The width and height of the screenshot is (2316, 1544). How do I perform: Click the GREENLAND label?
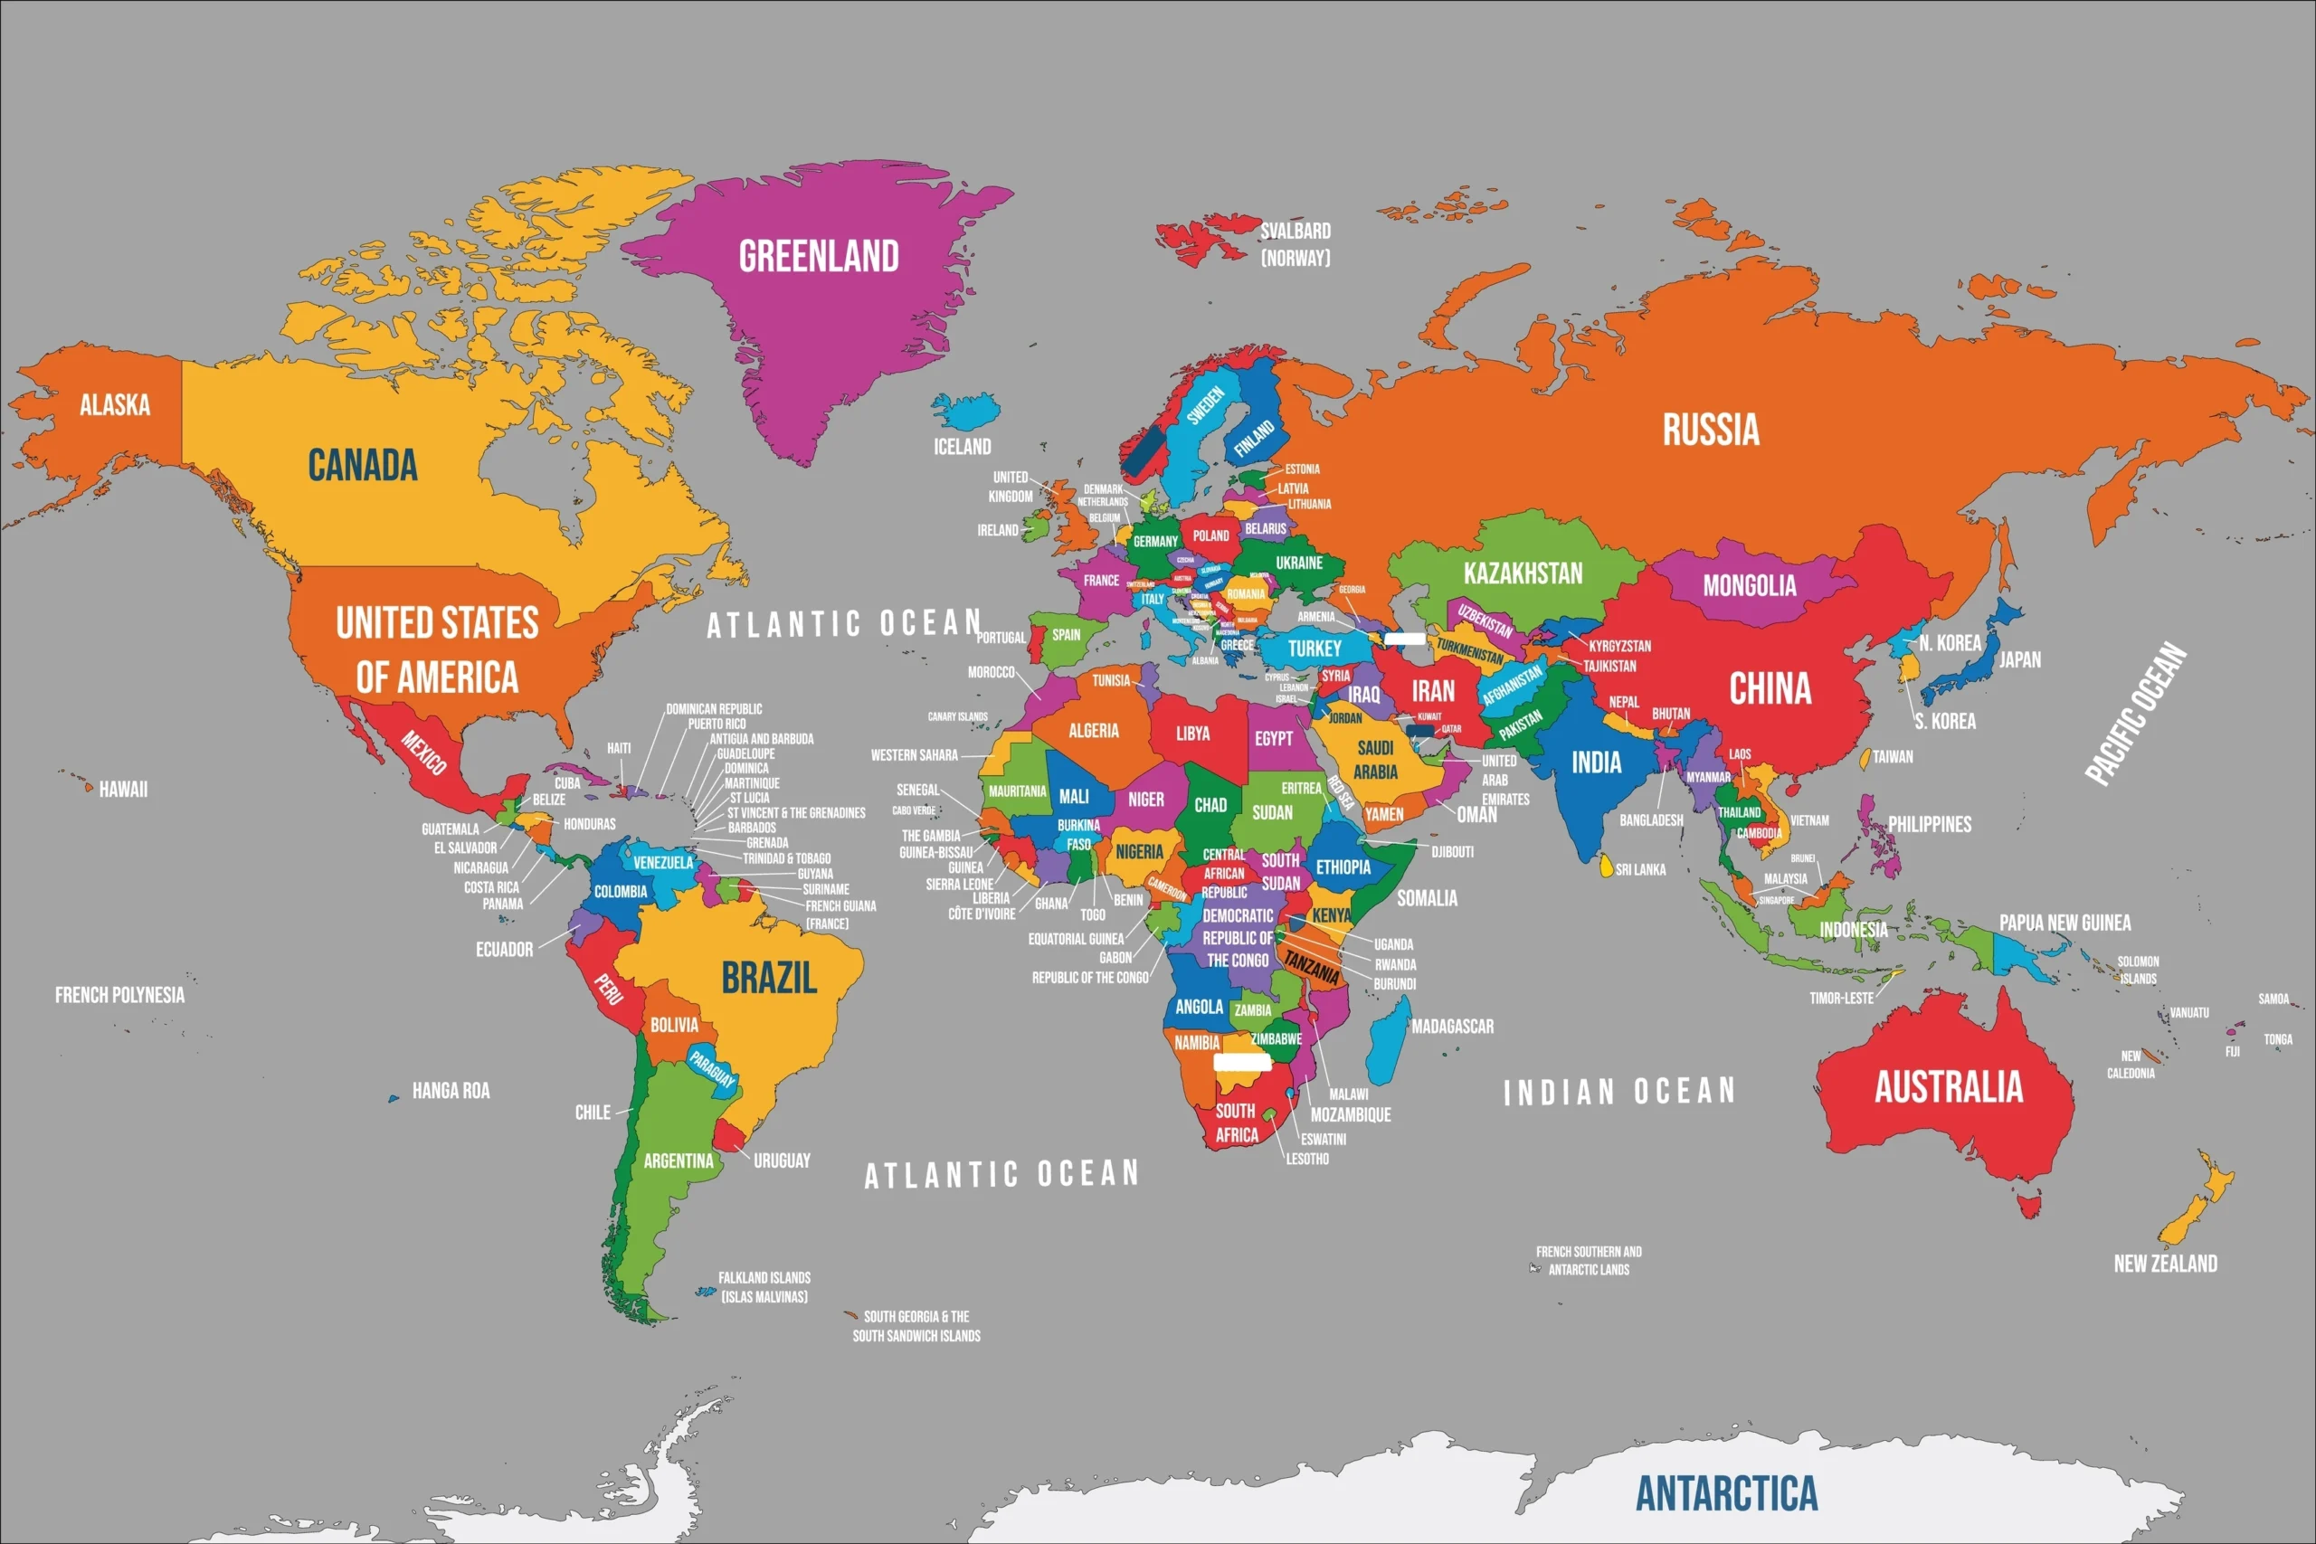(x=818, y=256)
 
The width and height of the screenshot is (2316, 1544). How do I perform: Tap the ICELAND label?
(x=962, y=447)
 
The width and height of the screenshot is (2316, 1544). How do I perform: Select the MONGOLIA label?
(x=1750, y=586)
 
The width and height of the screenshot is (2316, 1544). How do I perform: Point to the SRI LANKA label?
(x=1640, y=869)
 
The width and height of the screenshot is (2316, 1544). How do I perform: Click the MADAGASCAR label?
(x=1452, y=1026)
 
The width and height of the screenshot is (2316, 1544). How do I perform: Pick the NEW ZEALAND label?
(x=2165, y=1264)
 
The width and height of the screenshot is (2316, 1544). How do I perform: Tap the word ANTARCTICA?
(x=1726, y=1492)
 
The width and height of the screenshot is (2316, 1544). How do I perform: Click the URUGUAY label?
(x=782, y=1161)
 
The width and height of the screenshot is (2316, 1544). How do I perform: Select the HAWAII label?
(x=123, y=789)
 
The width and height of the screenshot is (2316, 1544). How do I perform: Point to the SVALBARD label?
(x=1295, y=232)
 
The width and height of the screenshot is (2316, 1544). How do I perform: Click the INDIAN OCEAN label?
(x=1618, y=1091)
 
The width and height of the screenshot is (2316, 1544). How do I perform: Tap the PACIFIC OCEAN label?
(x=2137, y=713)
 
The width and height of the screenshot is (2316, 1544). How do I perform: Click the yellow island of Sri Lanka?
(x=1606, y=866)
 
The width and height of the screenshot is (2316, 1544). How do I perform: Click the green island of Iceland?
(x=966, y=410)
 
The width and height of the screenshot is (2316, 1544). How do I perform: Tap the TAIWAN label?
(x=1893, y=757)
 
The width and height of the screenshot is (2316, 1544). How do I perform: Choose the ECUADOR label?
(x=504, y=949)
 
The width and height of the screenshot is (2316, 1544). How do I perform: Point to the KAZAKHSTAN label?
(x=1523, y=573)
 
